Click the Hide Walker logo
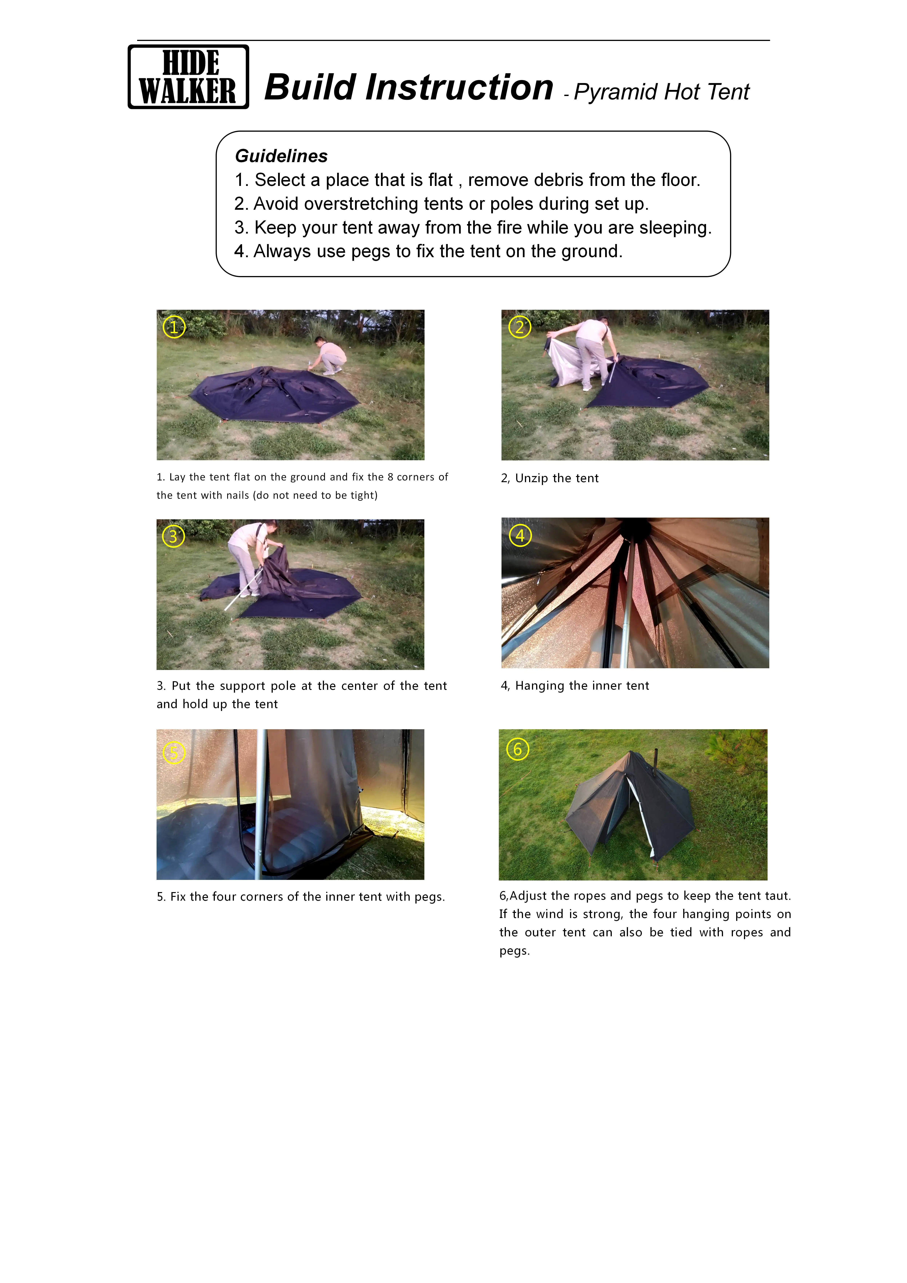(x=188, y=77)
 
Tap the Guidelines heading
(x=281, y=156)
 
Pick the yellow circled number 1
(x=174, y=327)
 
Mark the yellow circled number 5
(x=174, y=753)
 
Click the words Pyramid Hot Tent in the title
(x=662, y=92)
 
